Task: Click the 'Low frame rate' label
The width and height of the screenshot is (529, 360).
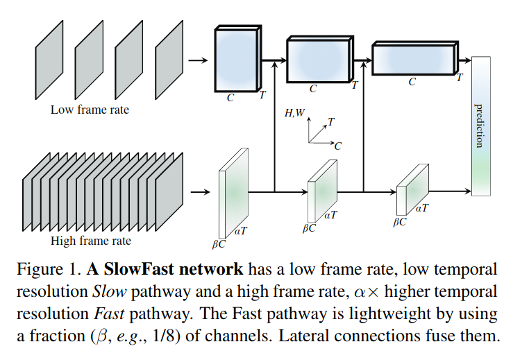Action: [x=90, y=110]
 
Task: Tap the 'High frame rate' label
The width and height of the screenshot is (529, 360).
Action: [x=91, y=241]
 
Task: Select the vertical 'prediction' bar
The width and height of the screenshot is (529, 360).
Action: [x=481, y=126]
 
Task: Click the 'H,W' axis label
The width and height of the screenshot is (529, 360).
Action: [x=294, y=113]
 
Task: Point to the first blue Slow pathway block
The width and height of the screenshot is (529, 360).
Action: [x=238, y=59]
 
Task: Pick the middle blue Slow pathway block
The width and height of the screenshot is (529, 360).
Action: [x=320, y=59]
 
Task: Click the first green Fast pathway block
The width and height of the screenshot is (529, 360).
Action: [x=233, y=193]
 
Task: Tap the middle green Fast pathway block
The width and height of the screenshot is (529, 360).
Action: [x=322, y=191]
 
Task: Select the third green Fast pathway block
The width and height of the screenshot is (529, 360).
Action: [x=412, y=190]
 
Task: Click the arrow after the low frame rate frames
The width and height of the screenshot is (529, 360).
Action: [x=198, y=60]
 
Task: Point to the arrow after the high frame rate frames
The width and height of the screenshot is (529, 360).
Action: [x=200, y=192]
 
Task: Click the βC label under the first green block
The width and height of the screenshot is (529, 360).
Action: [x=219, y=243]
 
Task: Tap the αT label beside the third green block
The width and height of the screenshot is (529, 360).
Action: [x=422, y=208]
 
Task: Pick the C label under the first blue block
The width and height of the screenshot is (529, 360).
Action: [x=230, y=98]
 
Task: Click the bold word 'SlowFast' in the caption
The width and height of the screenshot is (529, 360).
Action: [x=139, y=269]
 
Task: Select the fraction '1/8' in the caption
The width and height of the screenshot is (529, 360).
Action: [x=165, y=336]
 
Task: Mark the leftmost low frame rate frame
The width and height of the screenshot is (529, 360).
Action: [x=49, y=60]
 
